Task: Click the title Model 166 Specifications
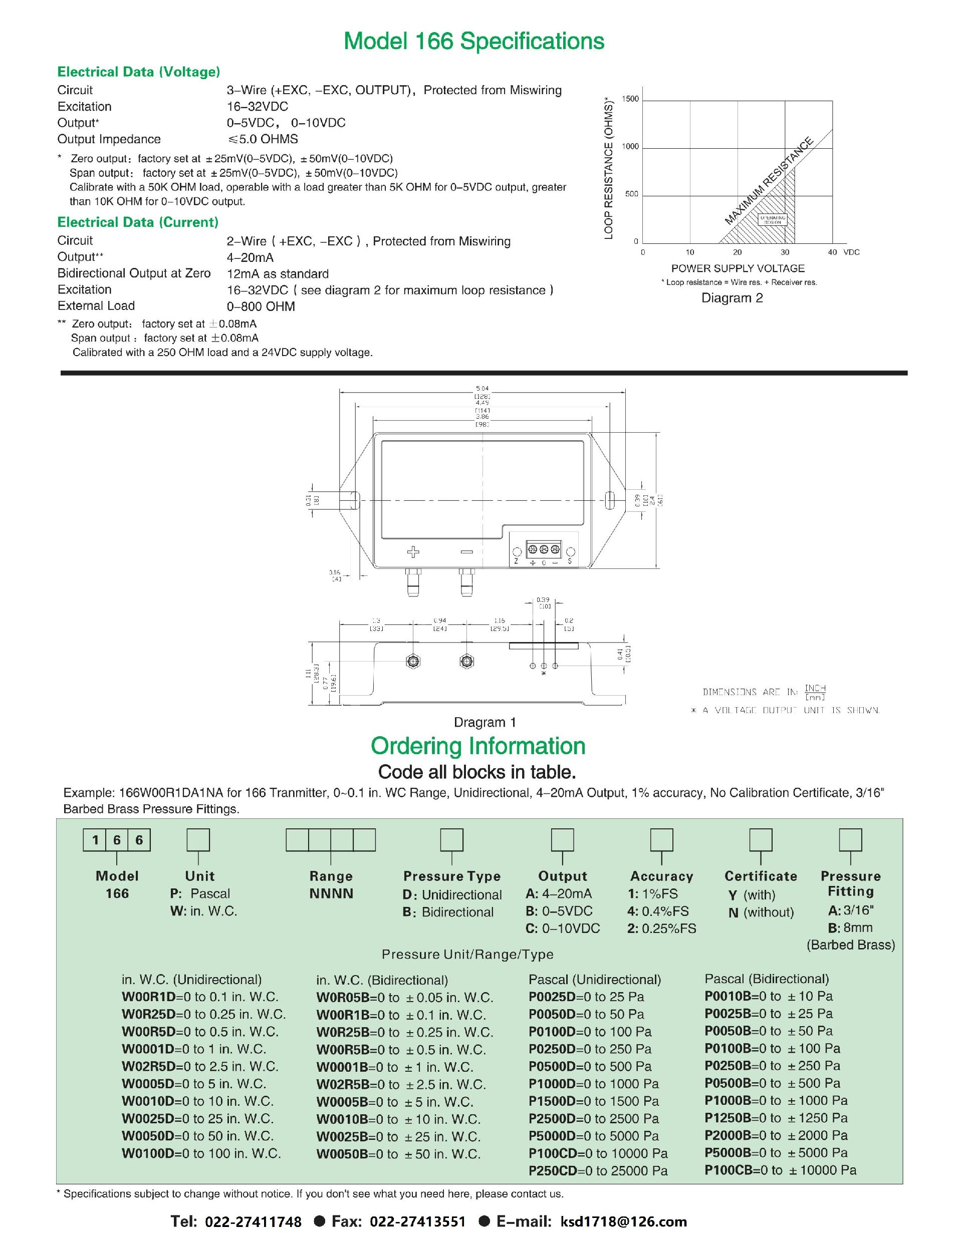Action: [473, 42]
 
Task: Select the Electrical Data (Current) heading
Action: [138, 222]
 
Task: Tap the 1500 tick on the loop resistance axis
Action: [630, 99]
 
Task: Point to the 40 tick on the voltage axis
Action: [832, 252]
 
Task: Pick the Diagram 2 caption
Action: [732, 298]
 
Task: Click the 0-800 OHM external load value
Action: [261, 306]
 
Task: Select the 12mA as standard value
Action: [278, 274]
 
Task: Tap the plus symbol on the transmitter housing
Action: [413, 551]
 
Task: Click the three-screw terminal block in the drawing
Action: [543, 550]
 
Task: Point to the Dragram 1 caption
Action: [485, 722]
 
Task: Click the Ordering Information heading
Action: [477, 746]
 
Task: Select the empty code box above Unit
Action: [198, 840]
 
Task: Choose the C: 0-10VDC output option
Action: [563, 928]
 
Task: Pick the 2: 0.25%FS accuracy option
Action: [662, 928]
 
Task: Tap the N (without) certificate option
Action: [761, 912]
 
